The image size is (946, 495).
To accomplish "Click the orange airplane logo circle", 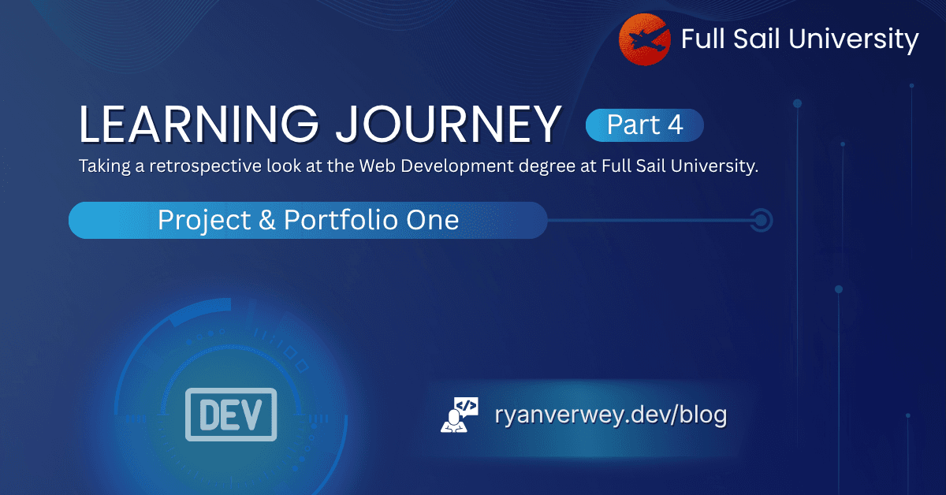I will (645, 39).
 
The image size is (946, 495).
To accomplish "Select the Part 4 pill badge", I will (644, 125).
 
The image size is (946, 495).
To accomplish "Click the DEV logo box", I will (231, 414).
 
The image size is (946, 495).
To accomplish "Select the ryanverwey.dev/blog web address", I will (610, 415).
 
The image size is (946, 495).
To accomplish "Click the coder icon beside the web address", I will (460, 415).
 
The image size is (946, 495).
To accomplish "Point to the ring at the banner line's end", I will (761, 220).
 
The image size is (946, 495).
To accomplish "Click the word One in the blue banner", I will (433, 220).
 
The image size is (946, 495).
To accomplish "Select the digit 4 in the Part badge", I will (676, 125).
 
